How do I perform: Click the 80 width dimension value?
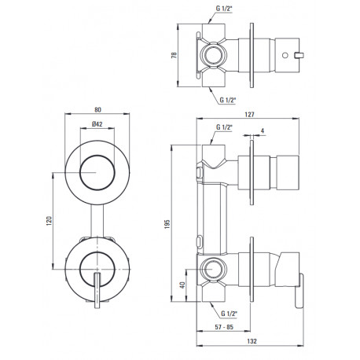tap(97, 110)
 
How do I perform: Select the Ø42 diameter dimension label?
tap(97, 124)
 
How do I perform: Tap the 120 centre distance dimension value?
tap(49, 221)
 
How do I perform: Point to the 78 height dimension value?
tap(174, 55)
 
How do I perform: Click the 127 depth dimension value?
tap(249, 115)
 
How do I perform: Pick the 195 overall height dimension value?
tap(167, 224)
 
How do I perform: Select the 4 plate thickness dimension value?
tap(263, 130)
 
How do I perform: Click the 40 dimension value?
tap(182, 285)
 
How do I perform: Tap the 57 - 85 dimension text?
tap(224, 327)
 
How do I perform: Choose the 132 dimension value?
tap(252, 341)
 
